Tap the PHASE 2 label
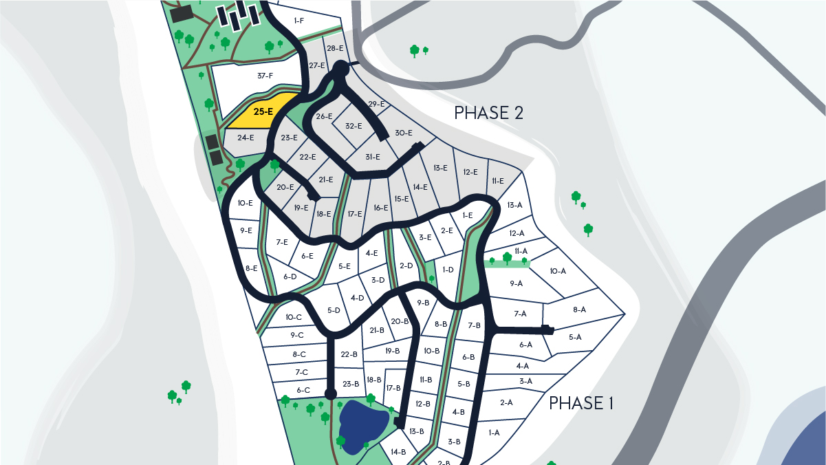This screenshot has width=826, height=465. click(489, 113)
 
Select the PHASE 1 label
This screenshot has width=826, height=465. click(580, 403)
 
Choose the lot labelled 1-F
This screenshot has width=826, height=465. click(298, 21)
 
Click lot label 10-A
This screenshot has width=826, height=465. click(558, 271)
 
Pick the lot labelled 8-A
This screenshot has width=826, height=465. click(579, 310)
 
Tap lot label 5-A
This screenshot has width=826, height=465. click(575, 337)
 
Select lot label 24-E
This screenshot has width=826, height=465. click(246, 138)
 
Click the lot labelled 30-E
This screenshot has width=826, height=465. click(403, 133)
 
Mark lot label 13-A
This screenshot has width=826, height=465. click(514, 205)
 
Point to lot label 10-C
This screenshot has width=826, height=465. click(294, 317)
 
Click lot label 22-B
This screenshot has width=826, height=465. click(349, 354)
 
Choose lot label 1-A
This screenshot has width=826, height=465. click(494, 433)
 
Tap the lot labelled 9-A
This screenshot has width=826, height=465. click(516, 283)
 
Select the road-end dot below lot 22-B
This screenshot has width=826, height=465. click(331, 394)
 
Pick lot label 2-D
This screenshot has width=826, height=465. click(406, 265)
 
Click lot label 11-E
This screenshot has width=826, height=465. click(497, 181)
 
